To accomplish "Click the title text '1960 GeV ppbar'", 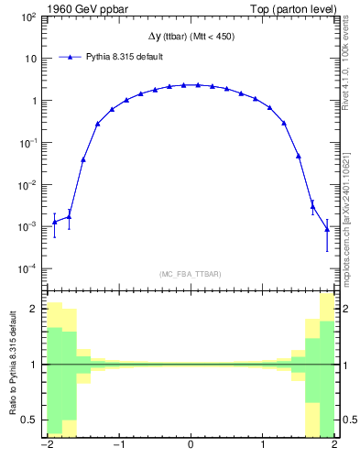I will (82, 9).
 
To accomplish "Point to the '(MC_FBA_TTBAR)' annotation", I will (191, 274).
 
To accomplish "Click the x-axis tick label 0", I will (190, 446).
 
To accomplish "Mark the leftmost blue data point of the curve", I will (54, 222).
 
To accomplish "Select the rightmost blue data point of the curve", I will (327, 229).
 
